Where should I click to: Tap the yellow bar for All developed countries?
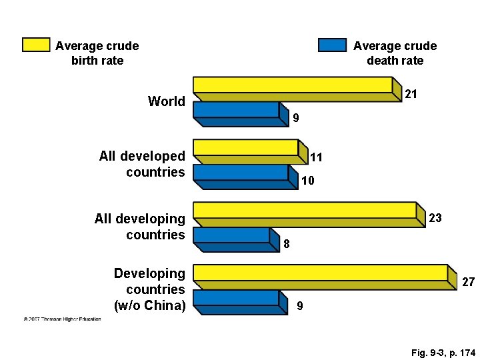[x=245, y=147]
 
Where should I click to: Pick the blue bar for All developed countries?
[x=241, y=172]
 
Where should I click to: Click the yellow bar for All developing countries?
[x=304, y=210]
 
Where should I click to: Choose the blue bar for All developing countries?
[x=231, y=235]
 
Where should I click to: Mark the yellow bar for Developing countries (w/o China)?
[x=320, y=273]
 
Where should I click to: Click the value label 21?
[x=411, y=95]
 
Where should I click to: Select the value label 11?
[x=317, y=157]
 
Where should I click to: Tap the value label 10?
[x=307, y=181]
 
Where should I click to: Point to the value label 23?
[x=435, y=218]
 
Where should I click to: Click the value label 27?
[x=468, y=283]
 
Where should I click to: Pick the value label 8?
[x=287, y=244]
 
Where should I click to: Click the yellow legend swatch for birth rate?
[x=36, y=45]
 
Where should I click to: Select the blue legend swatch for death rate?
[x=332, y=45]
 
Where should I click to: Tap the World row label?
[x=167, y=101]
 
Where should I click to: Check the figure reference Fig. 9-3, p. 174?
[x=433, y=352]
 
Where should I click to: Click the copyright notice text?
[x=62, y=319]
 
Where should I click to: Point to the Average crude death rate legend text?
[x=395, y=53]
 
